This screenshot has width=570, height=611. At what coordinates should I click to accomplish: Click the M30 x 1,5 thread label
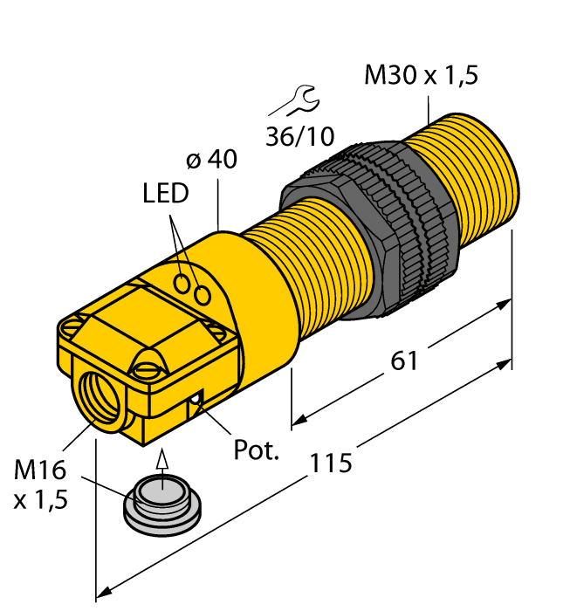[x=421, y=76]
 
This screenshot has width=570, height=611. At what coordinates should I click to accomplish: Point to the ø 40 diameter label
[x=212, y=161]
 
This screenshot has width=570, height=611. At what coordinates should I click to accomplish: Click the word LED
[x=165, y=194]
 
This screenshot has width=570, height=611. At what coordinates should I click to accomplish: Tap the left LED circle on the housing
[x=182, y=284]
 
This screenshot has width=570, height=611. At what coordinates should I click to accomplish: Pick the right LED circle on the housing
[x=203, y=296]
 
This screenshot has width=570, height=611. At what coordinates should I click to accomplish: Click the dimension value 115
[x=331, y=462]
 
